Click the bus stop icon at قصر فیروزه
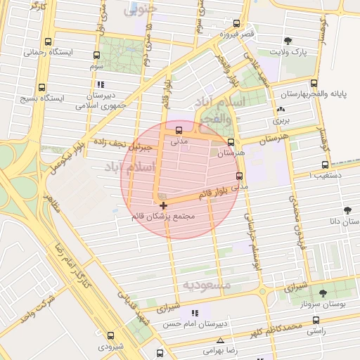tap(245, 23)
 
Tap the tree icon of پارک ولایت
tap(288, 41)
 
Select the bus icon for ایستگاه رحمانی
tap(48, 42)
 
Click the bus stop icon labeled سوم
tap(96, 55)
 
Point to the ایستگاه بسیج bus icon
tap(42, 88)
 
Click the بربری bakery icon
tap(282, 110)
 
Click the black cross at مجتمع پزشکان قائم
tap(164, 206)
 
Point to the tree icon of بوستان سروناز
tap(323, 294)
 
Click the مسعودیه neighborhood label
tap(207, 285)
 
